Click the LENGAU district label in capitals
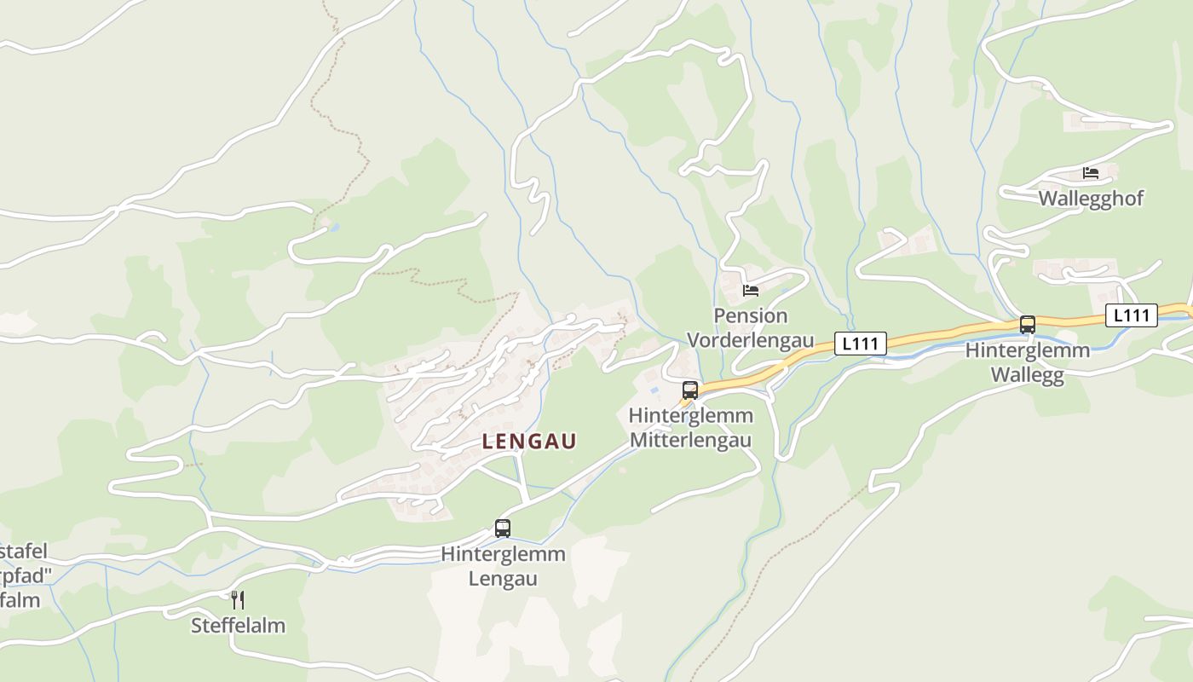coord(529,441)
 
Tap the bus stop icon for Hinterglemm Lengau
coord(503,529)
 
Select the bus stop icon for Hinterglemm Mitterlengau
coord(690,390)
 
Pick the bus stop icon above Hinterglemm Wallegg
coord(1028,325)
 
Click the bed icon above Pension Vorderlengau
coord(751,291)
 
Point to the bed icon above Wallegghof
coord(1091,173)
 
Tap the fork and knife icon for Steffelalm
coord(238,600)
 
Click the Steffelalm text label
coord(238,626)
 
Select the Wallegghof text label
coord(1091,199)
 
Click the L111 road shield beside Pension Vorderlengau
coord(860,344)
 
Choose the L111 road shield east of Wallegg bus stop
coord(1132,315)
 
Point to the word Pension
coord(751,315)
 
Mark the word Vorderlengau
coord(751,341)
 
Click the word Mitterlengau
coord(690,441)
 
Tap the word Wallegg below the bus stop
coord(1028,376)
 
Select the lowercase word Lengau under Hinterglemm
coord(503,579)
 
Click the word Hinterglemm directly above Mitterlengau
coord(690,415)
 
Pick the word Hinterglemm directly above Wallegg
coord(1028,350)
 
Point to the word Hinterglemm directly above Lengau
coord(503,554)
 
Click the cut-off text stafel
coord(24,551)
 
